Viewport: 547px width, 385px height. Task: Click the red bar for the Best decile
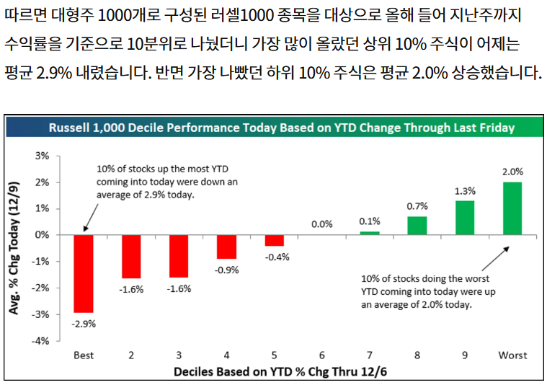pyautogui.click(x=84, y=273)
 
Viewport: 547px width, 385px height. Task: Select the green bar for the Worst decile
pyautogui.click(x=512, y=208)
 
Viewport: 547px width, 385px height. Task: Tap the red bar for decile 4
pyautogui.click(x=226, y=247)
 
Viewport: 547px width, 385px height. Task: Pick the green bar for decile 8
pyautogui.click(x=417, y=226)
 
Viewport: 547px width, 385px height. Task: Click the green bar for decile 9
pyautogui.click(x=464, y=218)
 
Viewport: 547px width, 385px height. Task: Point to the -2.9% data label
pyautogui.click(x=84, y=324)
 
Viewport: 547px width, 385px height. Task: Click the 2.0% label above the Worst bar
pyautogui.click(x=512, y=172)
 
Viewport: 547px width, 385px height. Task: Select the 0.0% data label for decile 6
pyautogui.click(x=322, y=224)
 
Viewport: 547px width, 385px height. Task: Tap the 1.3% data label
pyautogui.click(x=464, y=190)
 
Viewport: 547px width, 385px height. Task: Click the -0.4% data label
pyautogui.click(x=275, y=257)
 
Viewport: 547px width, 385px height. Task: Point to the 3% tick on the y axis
pyautogui.click(x=43, y=156)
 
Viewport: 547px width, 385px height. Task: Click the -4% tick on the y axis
pyautogui.click(x=41, y=340)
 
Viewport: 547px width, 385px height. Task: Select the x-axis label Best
pyautogui.click(x=84, y=355)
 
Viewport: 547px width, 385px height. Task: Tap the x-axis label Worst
pyautogui.click(x=512, y=355)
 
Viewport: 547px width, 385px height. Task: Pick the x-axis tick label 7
pyautogui.click(x=369, y=355)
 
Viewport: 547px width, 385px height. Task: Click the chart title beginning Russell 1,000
pyautogui.click(x=281, y=128)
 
